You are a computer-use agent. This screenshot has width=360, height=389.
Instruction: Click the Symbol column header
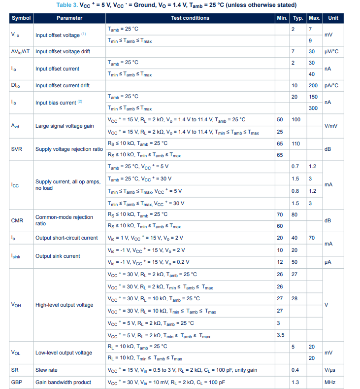(21, 18)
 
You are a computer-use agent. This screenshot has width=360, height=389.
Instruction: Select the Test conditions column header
(190, 18)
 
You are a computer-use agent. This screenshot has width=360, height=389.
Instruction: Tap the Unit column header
(333, 18)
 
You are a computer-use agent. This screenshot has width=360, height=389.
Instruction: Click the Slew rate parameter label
(46, 369)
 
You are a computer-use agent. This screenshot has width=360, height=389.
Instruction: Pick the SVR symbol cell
(17, 148)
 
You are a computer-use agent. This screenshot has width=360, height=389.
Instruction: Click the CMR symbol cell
(17, 220)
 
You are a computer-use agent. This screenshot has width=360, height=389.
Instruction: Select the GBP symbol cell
(17, 382)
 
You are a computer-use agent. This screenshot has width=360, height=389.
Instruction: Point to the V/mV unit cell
(330, 126)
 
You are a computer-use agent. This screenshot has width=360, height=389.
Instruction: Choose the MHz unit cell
(330, 382)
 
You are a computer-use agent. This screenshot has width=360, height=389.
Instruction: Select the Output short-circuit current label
(66, 238)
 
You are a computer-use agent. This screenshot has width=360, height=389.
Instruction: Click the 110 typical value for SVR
(295, 143)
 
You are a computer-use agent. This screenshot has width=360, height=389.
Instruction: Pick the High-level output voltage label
(64, 305)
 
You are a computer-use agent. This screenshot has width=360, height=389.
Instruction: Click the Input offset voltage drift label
(63, 51)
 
